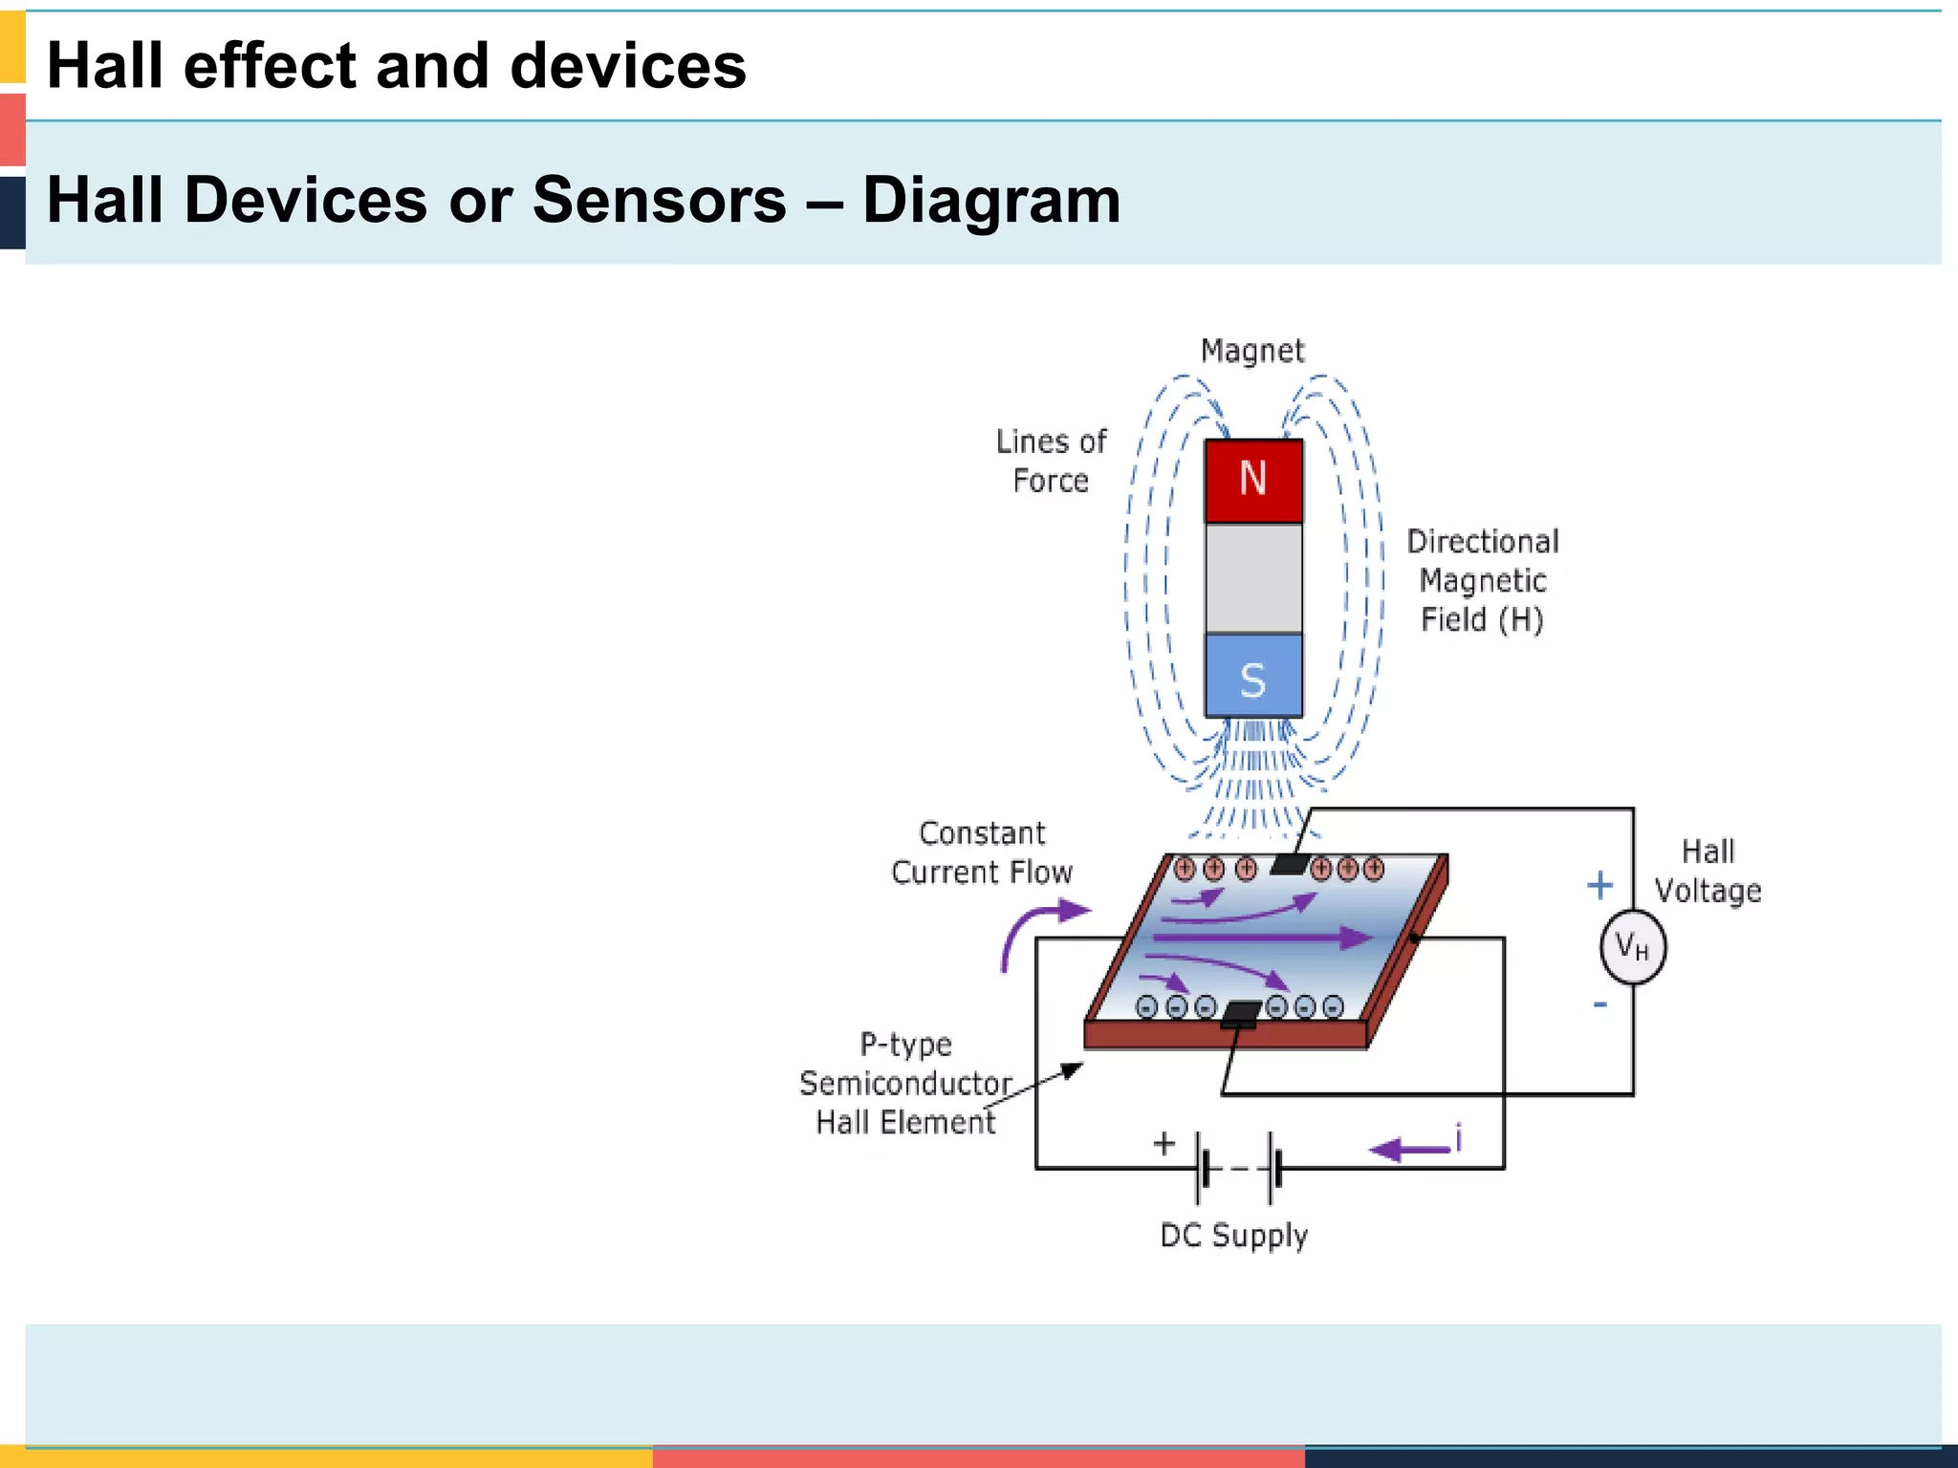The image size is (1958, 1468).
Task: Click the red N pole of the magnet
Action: (x=1253, y=481)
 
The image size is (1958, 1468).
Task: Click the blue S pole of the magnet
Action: (x=1253, y=677)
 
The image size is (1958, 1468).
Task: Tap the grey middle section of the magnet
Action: (x=1253, y=578)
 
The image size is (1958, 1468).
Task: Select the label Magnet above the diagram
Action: (x=1251, y=352)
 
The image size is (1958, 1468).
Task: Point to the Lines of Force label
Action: (x=1051, y=461)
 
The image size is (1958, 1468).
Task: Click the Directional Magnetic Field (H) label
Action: (x=1482, y=580)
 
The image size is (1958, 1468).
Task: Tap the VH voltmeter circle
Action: (x=1632, y=947)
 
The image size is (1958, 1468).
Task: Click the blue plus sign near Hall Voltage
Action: (x=1599, y=885)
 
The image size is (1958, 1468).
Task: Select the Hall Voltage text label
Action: (x=1708, y=871)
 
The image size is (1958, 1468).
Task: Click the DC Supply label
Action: (x=1233, y=1235)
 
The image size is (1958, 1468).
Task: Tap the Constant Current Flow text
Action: (x=982, y=853)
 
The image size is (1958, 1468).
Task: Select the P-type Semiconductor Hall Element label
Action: (x=905, y=1083)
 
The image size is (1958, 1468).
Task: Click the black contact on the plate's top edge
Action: (x=1289, y=865)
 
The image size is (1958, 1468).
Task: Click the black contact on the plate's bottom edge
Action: (x=1241, y=1013)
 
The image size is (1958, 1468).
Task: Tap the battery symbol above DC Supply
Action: (x=1239, y=1168)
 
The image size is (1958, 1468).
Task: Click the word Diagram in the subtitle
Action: (x=990, y=201)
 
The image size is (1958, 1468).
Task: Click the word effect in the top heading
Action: (x=270, y=66)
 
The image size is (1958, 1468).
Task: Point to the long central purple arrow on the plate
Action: (x=1262, y=938)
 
